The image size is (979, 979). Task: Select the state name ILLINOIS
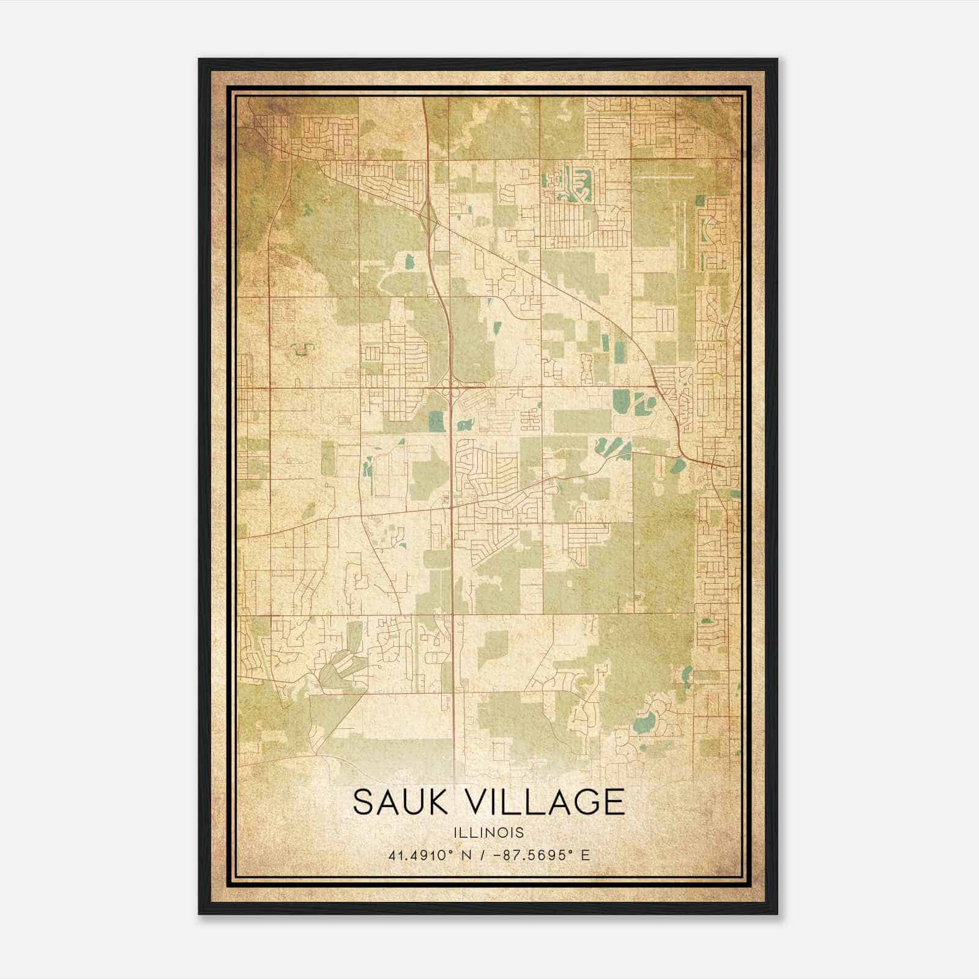pos(489,833)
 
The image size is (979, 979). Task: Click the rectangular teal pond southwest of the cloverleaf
pos(436,420)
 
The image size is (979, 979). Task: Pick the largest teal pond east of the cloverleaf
pos(620,401)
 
